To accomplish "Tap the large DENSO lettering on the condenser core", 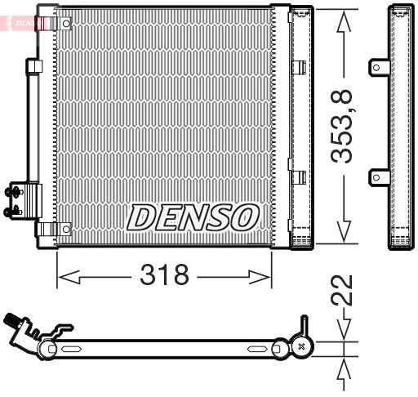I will point(192,216).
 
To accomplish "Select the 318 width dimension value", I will point(164,275).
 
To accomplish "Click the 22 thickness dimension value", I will point(346,290).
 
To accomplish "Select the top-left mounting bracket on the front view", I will point(63,25).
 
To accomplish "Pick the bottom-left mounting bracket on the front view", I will point(63,229).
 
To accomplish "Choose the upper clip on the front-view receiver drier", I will point(299,68).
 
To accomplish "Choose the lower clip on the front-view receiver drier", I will point(299,176).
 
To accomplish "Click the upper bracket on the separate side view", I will point(380,68).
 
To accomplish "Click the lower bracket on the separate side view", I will point(380,176).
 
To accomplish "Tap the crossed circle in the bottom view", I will point(302,348).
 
